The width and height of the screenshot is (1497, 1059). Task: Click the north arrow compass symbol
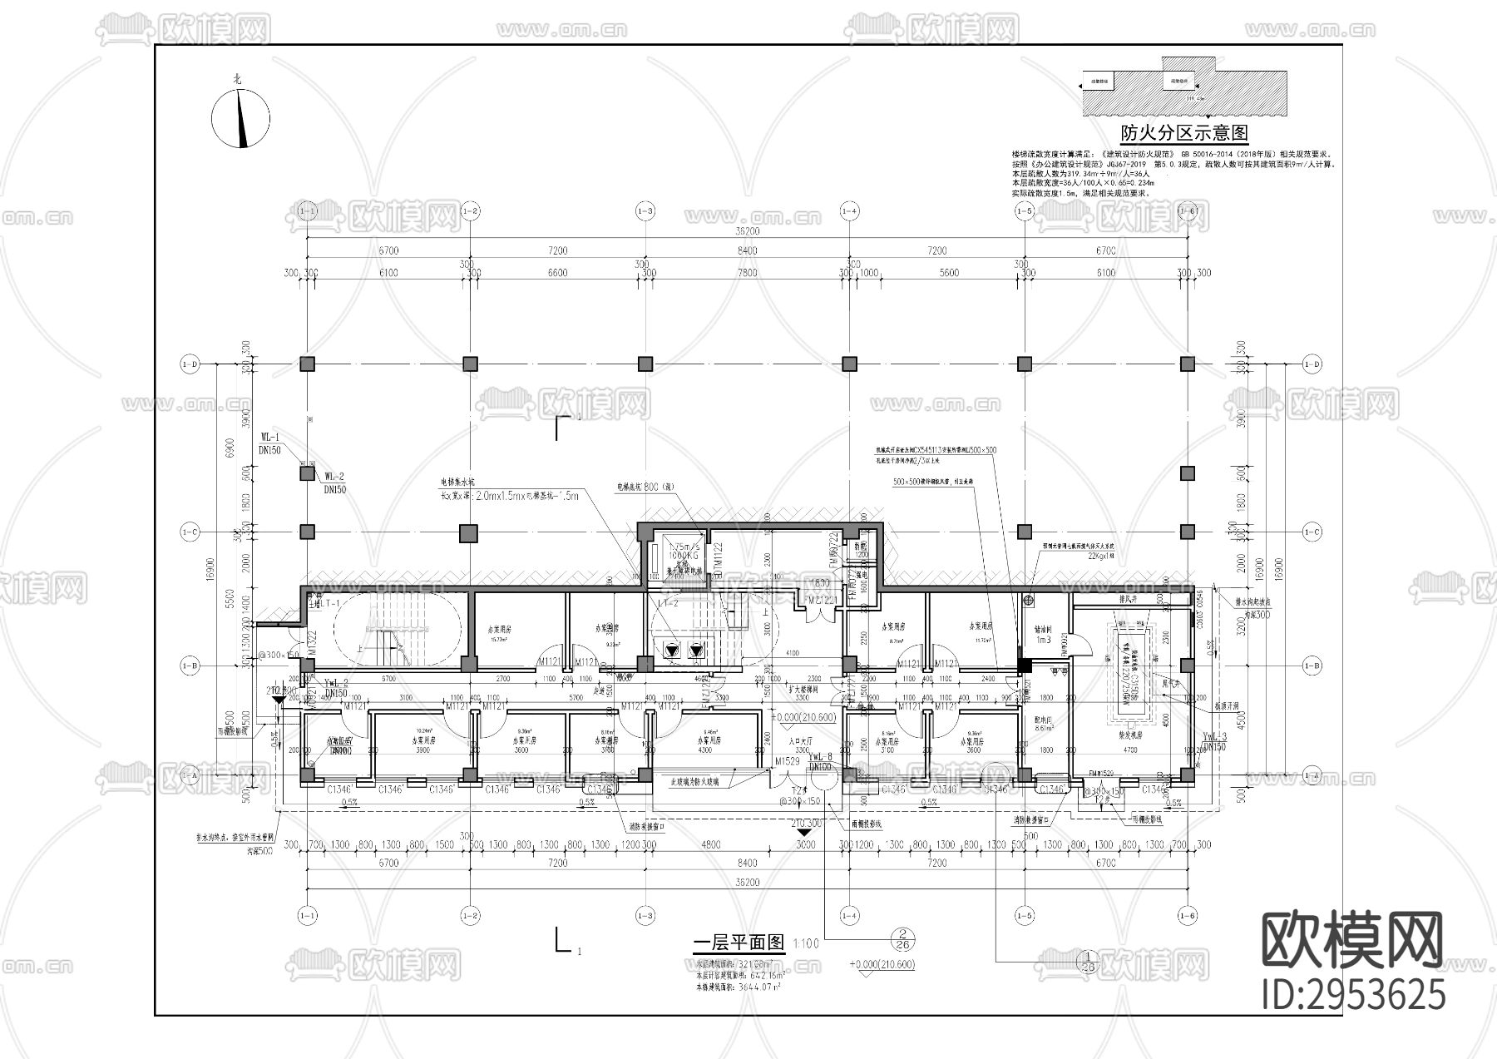pos(241,119)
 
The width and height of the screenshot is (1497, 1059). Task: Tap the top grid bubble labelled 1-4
pos(848,211)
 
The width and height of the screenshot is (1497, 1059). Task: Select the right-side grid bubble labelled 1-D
pos(1312,364)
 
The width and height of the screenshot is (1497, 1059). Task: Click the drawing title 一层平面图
pos(739,943)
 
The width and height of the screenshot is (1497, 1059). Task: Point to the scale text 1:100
pos(806,944)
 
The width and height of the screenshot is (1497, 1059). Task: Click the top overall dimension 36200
pos(746,231)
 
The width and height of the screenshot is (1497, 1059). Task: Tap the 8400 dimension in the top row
pos(746,250)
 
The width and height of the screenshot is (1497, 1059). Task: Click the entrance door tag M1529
pos(787,761)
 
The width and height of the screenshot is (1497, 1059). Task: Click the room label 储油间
pos(1043,631)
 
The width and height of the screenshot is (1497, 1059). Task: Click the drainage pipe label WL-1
pos(270,437)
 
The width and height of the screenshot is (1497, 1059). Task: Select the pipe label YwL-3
pos(1215,737)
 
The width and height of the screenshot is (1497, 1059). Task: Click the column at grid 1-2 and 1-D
pos(470,364)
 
